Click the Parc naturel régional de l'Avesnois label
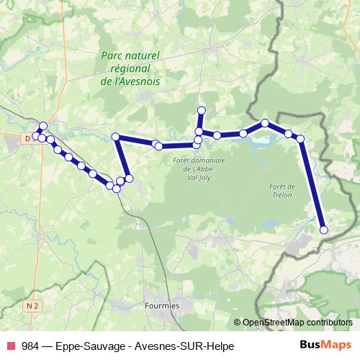pos(130,68)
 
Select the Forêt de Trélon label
pos(282,190)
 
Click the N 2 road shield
pos(30,306)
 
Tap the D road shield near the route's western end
pos(28,138)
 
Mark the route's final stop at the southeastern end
pos(323,230)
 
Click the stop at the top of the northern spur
pos(202,110)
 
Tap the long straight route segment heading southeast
pos(312,184)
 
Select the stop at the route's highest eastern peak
pos(265,123)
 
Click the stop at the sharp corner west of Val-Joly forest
pos(115,137)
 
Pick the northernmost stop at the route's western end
pos(43,125)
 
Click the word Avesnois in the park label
pos(137,81)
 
